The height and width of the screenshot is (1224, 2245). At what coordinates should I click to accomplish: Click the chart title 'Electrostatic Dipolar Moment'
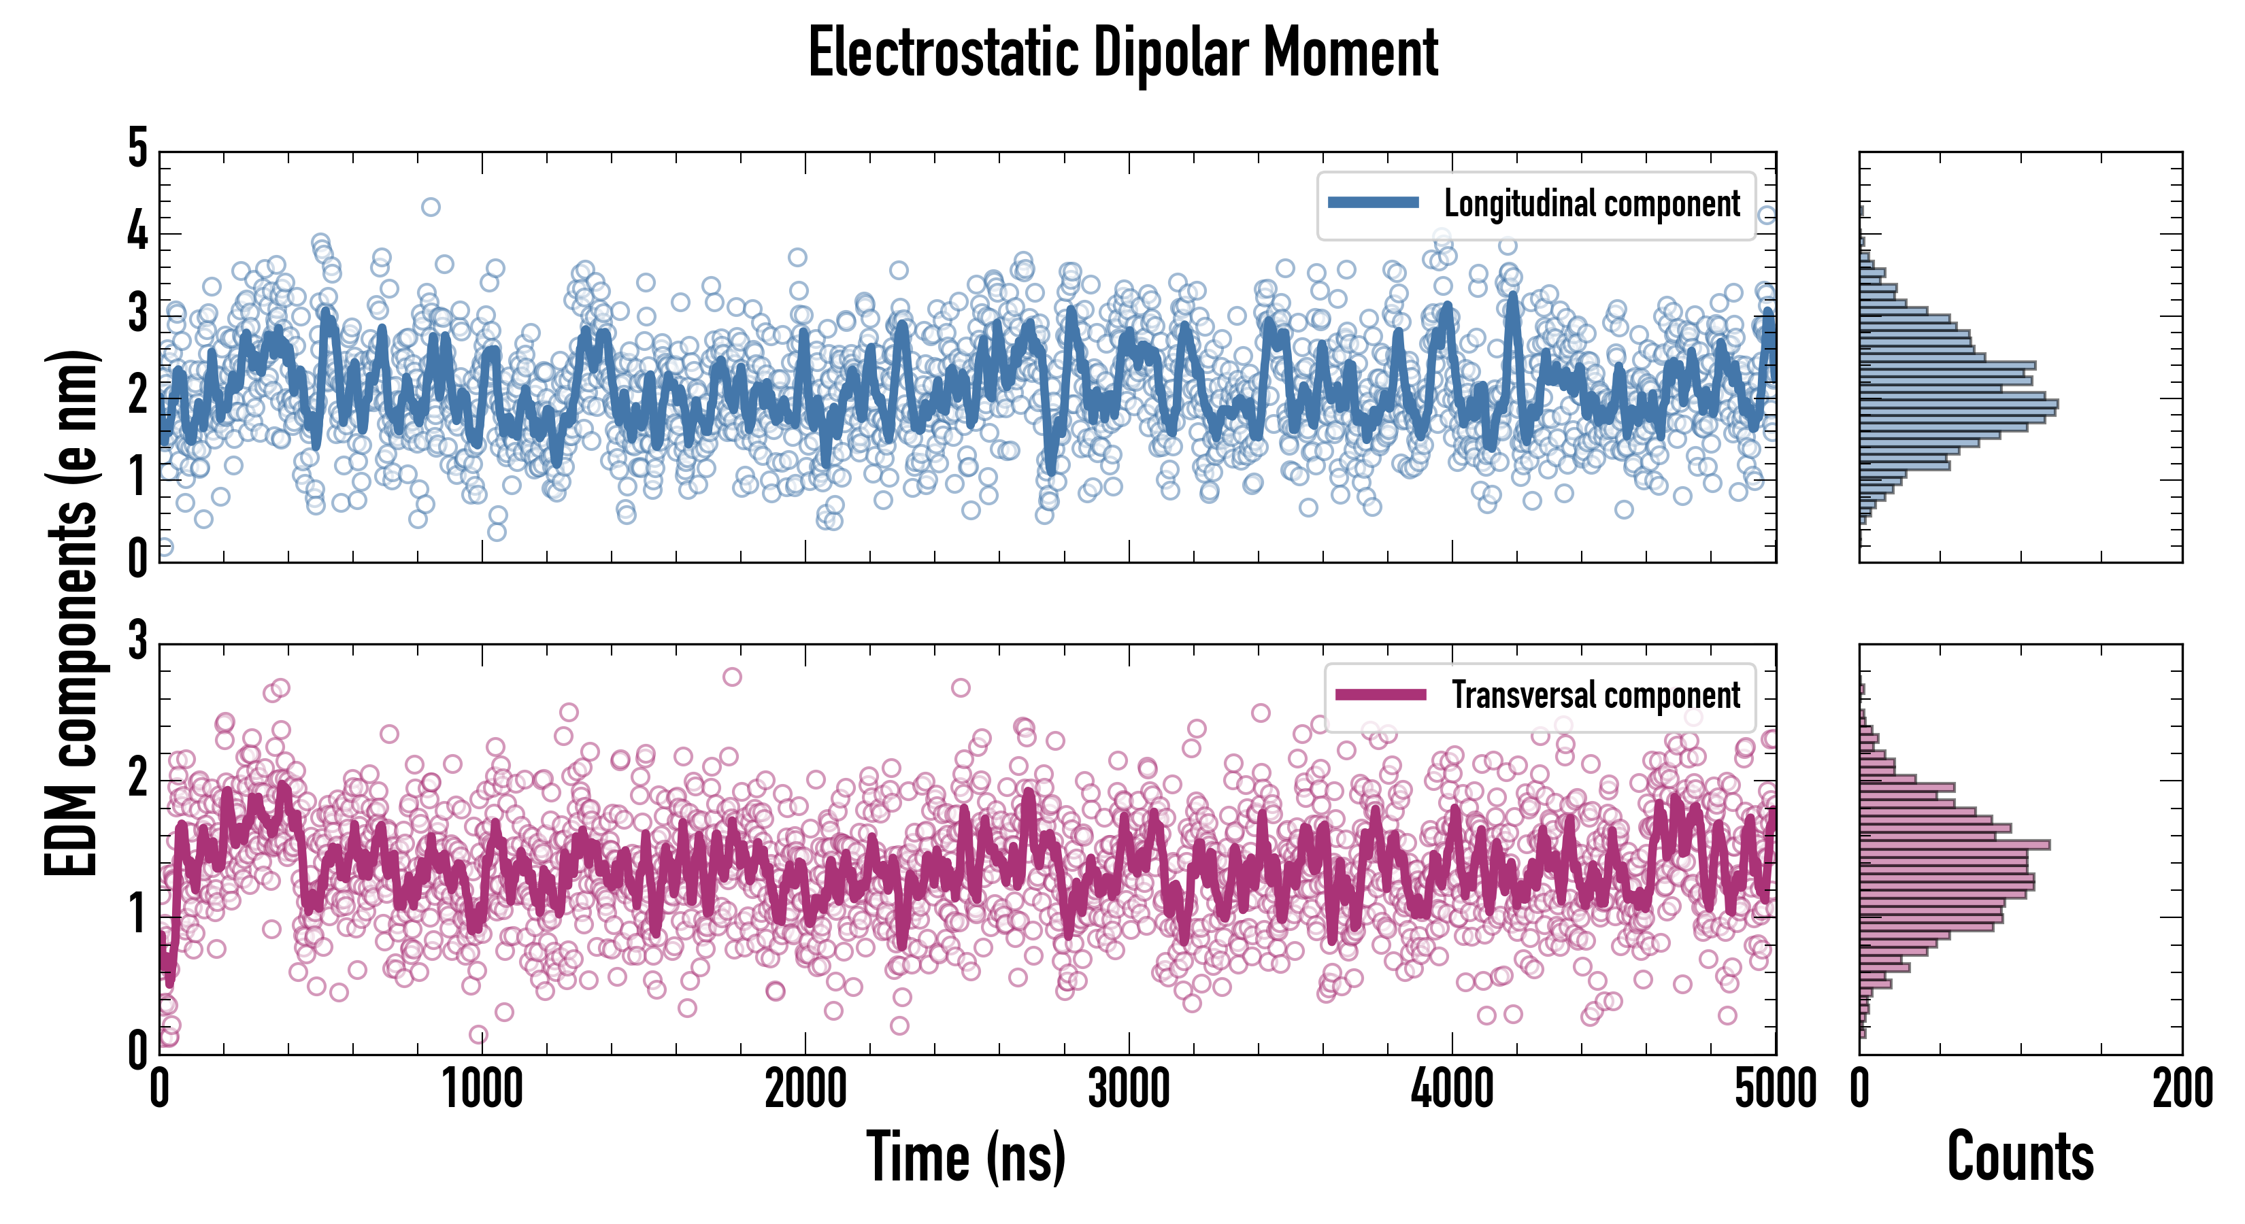click(x=1122, y=54)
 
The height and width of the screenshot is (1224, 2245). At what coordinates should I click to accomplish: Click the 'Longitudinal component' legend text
click(x=1591, y=204)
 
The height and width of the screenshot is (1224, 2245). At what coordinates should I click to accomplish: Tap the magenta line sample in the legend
click(x=1380, y=694)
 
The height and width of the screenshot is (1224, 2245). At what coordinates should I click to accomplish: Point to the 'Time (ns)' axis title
click(x=965, y=1157)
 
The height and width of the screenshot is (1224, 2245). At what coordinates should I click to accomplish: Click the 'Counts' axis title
click(x=2020, y=1157)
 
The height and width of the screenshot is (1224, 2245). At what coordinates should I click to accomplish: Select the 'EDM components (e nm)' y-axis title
click(x=71, y=613)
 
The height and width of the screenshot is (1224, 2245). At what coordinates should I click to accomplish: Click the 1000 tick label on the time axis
click(x=482, y=1089)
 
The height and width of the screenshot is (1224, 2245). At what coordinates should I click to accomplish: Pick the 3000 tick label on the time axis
click(x=1129, y=1089)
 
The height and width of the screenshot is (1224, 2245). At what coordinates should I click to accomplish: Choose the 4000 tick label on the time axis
click(x=1452, y=1089)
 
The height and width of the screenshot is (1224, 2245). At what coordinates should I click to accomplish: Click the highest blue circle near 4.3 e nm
click(x=431, y=207)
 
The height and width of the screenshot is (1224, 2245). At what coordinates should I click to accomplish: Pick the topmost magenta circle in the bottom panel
click(x=732, y=677)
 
